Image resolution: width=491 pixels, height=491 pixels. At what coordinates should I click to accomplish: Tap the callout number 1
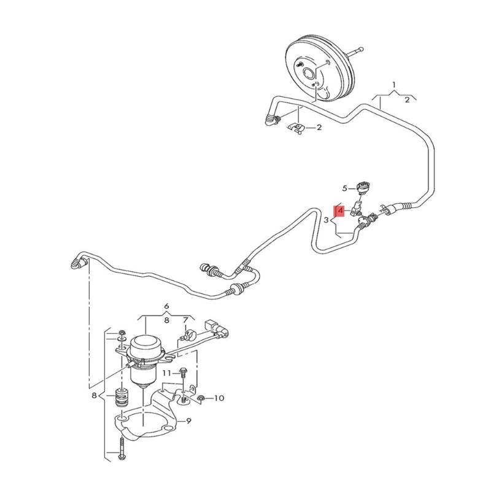pyautogui.click(x=394, y=83)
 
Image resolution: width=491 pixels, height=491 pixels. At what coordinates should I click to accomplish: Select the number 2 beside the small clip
pyautogui.click(x=319, y=128)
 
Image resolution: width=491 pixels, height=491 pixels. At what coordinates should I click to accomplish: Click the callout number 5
pyautogui.click(x=345, y=188)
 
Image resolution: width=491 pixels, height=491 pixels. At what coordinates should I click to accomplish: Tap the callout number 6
pyautogui.click(x=166, y=306)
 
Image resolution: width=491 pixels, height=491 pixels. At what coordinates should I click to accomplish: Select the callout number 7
pyautogui.click(x=185, y=320)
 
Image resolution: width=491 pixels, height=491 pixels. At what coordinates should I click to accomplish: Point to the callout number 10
pyautogui.click(x=219, y=398)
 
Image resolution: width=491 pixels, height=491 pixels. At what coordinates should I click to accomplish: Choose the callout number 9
pyautogui.click(x=188, y=421)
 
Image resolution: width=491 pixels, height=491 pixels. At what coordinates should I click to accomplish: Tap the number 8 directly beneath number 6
pyautogui.click(x=166, y=320)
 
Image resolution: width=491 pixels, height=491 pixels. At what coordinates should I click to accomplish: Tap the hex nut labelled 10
pyautogui.click(x=202, y=399)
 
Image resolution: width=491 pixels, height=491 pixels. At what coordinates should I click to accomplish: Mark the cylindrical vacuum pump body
pyautogui.click(x=145, y=353)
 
